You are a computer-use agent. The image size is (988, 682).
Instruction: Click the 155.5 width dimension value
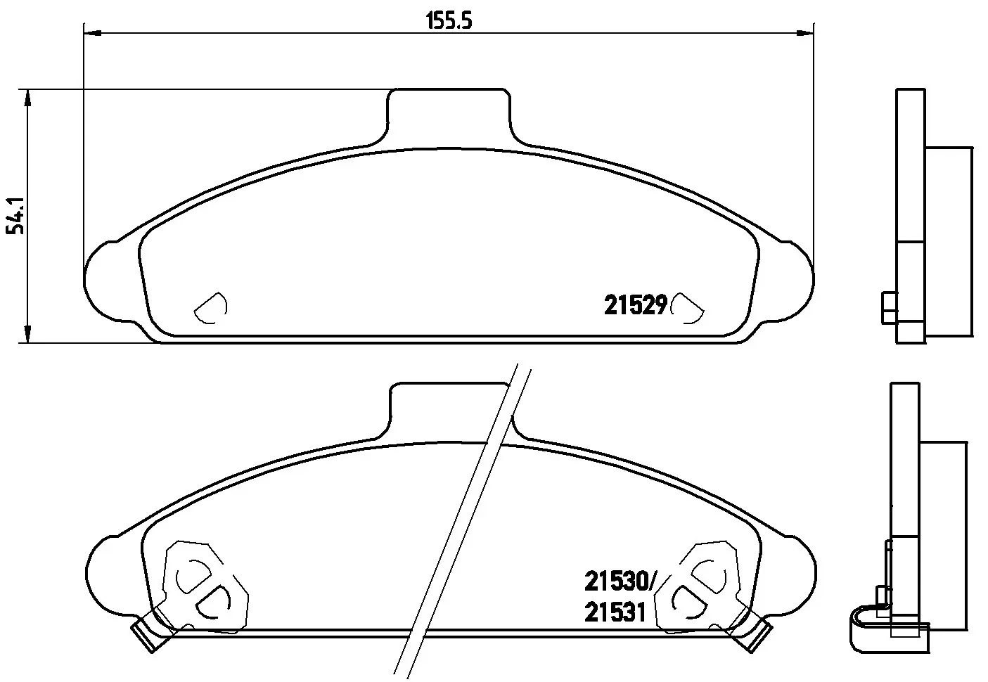coord(449,20)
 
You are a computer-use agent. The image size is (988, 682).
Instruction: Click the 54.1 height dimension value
coord(15,216)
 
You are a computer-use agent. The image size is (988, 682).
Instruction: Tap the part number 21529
coord(635,305)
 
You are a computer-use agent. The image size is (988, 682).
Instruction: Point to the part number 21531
coord(615,612)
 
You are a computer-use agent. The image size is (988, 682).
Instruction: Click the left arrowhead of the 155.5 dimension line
coord(93,32)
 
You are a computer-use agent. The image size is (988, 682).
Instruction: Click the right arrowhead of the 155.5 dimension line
coord(804,32)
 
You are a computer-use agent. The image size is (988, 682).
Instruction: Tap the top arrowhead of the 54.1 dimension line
coord(28,98)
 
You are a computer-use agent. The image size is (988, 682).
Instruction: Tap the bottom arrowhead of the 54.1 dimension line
coord(28,334)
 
